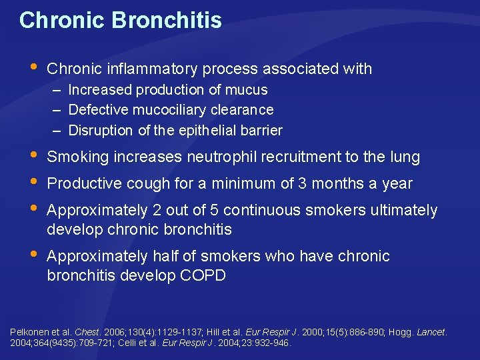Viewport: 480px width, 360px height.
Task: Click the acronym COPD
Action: (x=203, y=275)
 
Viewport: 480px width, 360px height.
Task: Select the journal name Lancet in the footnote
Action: (x=431, y=332)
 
